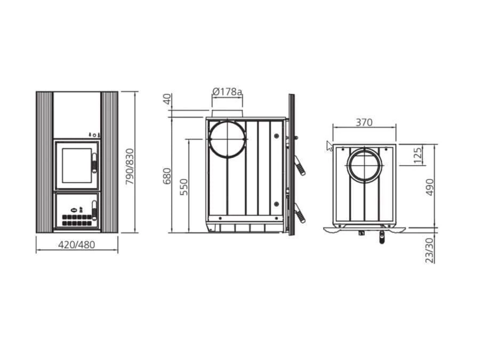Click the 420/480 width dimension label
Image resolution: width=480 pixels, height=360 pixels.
pos(76,245)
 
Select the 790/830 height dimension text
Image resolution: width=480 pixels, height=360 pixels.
pos(130,166)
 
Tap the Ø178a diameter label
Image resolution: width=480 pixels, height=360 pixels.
pos(227,91)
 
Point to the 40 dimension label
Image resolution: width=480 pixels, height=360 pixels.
pos(167,99)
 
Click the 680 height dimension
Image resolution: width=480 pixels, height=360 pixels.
pos(167,175)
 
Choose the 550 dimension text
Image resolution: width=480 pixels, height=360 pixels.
pos(184,187)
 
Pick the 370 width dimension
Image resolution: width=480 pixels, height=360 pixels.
pos(364,123)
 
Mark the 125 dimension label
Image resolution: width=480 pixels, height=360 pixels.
pos(418,155)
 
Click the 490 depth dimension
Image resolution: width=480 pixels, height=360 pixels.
pos(430,187)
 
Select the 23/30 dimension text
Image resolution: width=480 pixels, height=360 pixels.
pos(430,251)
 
